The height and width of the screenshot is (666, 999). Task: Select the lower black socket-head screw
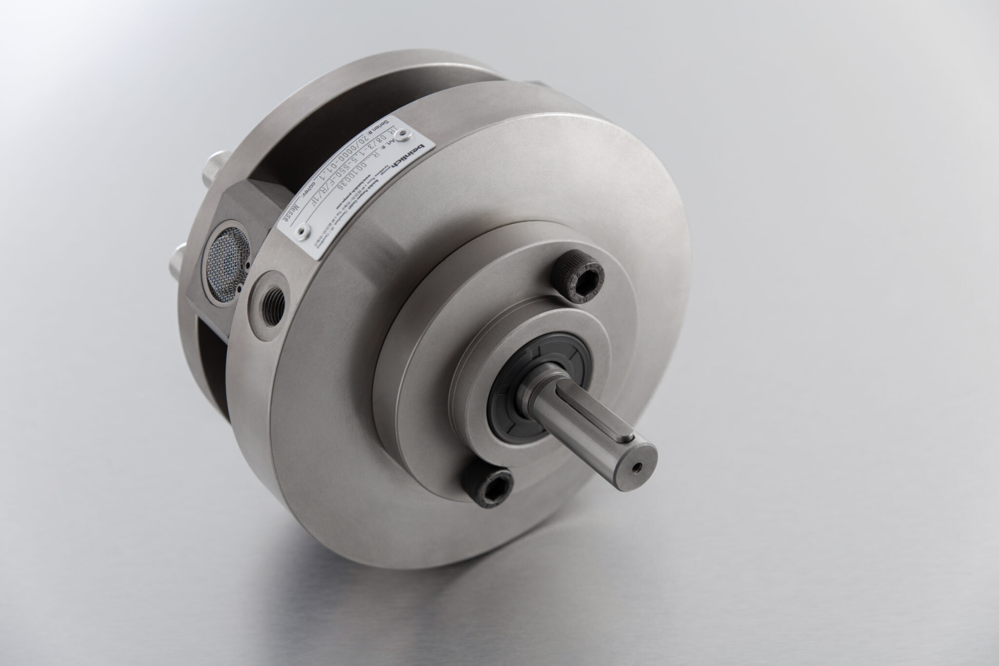tap(487, 491)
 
